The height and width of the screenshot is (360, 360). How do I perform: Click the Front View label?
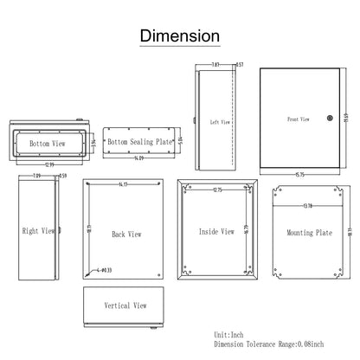(299, 119)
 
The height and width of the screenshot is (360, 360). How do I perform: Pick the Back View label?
(127, 234)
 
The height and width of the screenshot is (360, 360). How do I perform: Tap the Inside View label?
(215, 231)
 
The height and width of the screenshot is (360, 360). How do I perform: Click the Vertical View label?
(125, 305)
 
